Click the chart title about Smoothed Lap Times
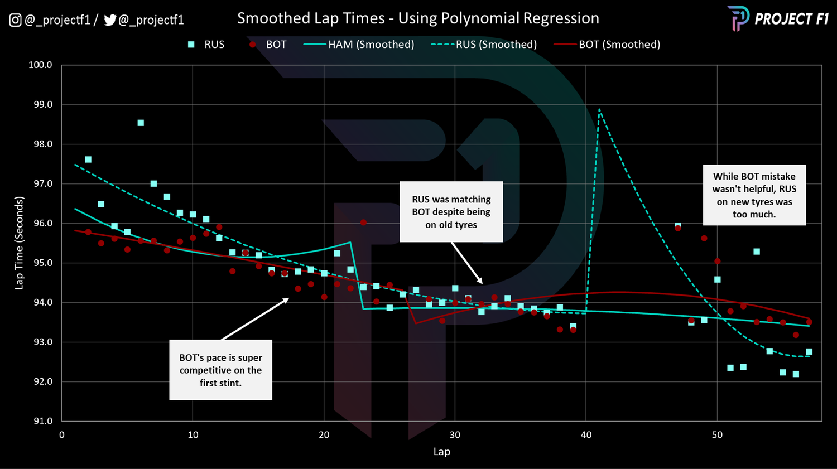pyautogui.click(x=418, y=18)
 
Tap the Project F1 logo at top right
pyautogui.click(x=778, y=18)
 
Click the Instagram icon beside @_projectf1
pyautogui.click(x=15, y=21)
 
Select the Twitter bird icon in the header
pyautogui.click(x=110, y=21)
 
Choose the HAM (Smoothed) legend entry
pyautogui.click(x=359, y=45)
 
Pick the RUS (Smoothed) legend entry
pyautogui.click(x=484, y=45)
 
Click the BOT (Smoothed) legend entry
pyautogui.click(x=607, y=45)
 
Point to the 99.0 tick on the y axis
pyautogui.click(x=40, y=105)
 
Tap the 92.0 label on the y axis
pyautogui.click(x=40, y=382)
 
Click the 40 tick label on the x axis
pyautogui.click(x=586, y=435)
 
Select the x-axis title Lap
pyautogui.click(x=441, y=452)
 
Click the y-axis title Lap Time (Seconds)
pyautogui.click(x=20, y=243)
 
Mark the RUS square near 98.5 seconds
pyautogui.click(x=141, y=123)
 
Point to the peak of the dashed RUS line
pyautogui.click(x=599, y=110)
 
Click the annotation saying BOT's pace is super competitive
pyautogui.click(x=220, y=370)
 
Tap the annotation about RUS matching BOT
pyautogui.click(x=451, y=212)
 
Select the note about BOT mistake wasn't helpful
pyautogui.click(x=754, y=195)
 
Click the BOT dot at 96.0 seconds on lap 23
pyautogui.click(x=363, y=223)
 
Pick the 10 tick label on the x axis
pyautogui.click(x=193, y=435)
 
